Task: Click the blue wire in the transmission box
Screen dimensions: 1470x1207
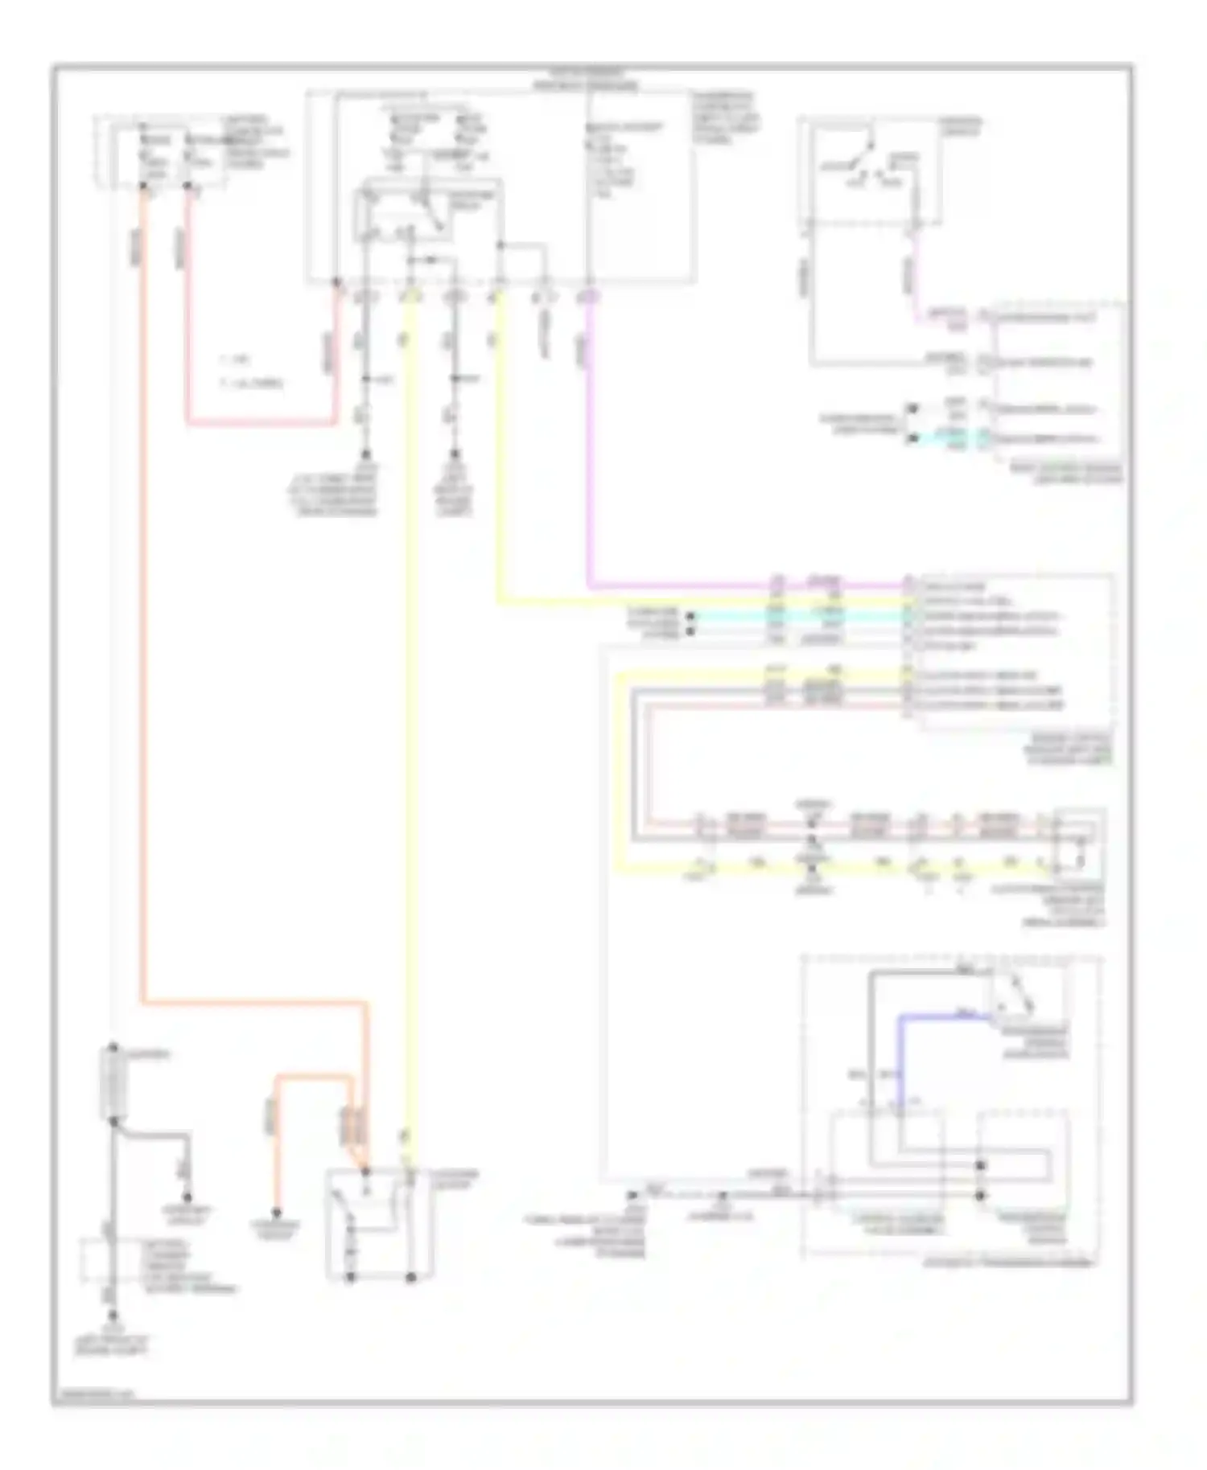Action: click(x=901, y=1053)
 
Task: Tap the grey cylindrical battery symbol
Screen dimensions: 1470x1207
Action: click(x=113, y=1082)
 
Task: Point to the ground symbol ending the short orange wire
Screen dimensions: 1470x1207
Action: click(x=276, y=1213)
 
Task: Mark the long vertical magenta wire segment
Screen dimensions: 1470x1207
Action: click(x=590, y=442)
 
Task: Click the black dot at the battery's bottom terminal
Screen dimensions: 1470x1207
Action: click(x=113, y=1120)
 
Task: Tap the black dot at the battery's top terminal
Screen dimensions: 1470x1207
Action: click(x=113, y=1047)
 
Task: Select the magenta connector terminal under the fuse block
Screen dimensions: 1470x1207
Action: click(x=590, y=297)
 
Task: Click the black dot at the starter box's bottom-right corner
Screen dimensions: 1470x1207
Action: click(x=410, y=1276)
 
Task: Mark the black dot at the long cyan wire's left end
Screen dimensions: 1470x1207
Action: click(x=690, y=617)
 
